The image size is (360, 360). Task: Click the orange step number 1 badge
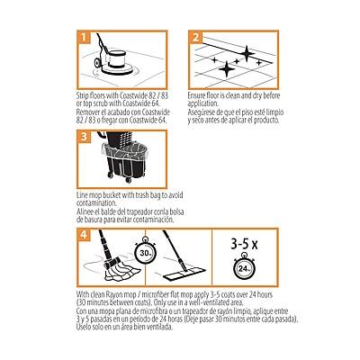82,39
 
